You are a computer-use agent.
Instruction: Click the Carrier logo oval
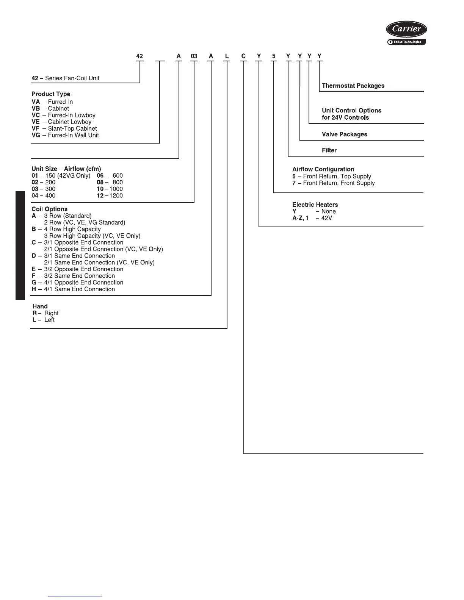tap(406, 29)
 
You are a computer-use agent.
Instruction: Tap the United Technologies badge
tap(406, 42)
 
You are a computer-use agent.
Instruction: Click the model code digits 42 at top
tap(140, 56)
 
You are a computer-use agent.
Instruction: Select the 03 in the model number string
tap(194, 56)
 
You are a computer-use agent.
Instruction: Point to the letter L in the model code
tap(227, 56)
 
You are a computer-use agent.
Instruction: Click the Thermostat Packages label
tap(353, 86)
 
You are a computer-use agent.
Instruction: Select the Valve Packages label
tap(344, 134)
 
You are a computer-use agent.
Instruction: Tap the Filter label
tap(329, 150)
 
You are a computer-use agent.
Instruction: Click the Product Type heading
tap(51, 94)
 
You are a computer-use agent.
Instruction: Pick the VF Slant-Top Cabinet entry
tap(64, 129)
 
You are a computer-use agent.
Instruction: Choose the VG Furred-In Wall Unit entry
tap(65, 135)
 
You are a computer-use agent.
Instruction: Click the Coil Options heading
tap(50, 209)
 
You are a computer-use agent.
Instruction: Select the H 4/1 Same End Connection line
tap(73, 289)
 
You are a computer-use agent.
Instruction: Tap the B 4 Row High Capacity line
tap(66, 229)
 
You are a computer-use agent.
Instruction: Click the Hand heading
tap(40, 306)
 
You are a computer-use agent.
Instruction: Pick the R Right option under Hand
tap(45, 313)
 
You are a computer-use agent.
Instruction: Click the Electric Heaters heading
tap(315, 205)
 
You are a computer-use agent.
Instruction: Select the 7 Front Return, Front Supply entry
tap(334, 183)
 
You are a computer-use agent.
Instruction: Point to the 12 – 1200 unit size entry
tap(110, 196)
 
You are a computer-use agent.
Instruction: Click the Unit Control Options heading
tap(351, 111)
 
